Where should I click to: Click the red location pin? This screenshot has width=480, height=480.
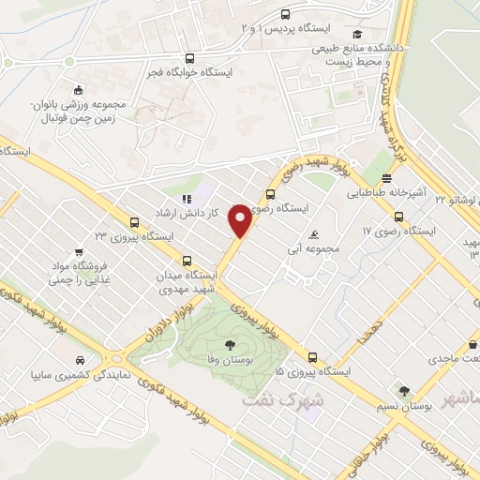click(x=241, y=219)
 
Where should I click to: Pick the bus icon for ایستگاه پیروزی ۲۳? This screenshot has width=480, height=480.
click(x=135, y=223)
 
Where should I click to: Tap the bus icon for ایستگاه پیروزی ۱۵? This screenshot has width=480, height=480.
click(x=312, y=356)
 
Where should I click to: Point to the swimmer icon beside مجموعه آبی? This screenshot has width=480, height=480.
click(x=312, y=234)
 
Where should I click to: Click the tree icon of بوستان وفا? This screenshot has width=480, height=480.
click(x=231, y=345)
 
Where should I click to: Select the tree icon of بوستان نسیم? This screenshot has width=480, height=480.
click(x=404, y=391)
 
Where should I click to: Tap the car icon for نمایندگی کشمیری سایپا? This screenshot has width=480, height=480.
click(x=82, y=360)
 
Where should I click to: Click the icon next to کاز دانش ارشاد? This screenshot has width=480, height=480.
click(x=186, y=199)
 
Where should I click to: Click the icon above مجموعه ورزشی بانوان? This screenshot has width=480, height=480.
click(x=77, y=90)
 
